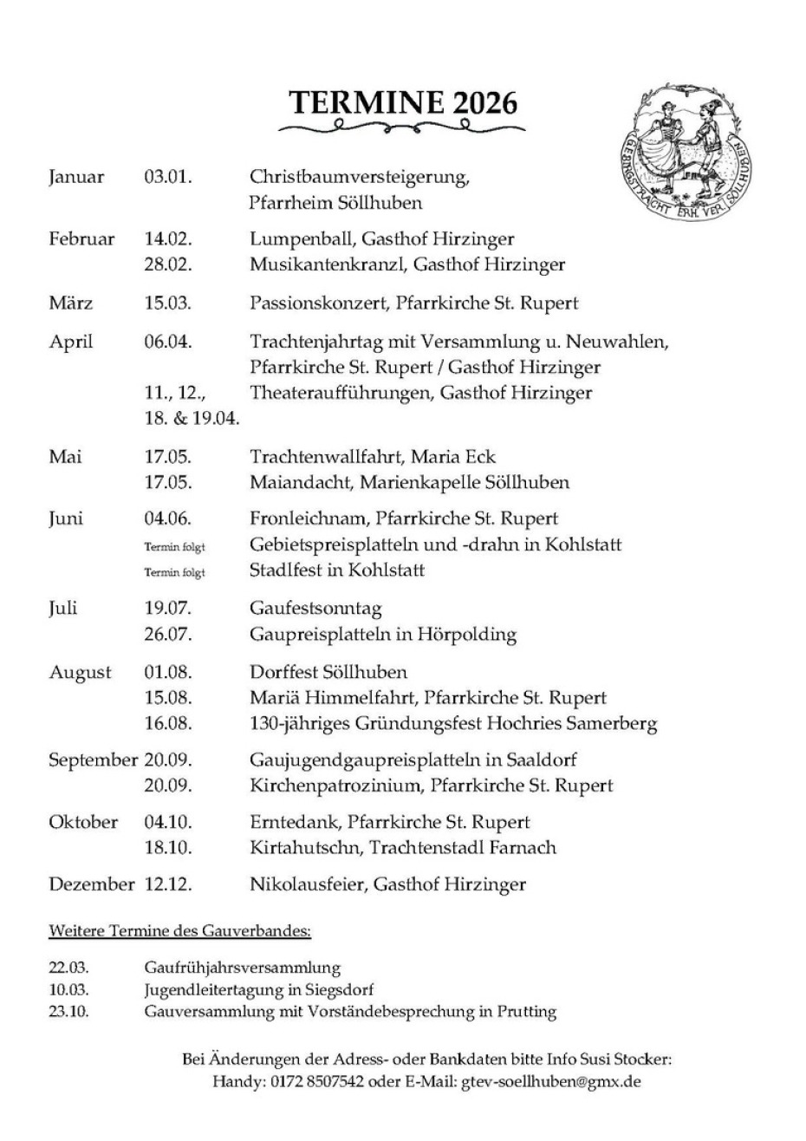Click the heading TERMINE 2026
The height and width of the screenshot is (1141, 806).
(x=404, y=103)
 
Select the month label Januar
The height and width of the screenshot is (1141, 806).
(x=76, y=178)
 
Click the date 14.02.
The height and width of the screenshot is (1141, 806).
(x=168, y=239)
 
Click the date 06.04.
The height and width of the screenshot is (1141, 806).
(x=168, y=342)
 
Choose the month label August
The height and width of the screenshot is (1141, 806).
(x=80, y=673)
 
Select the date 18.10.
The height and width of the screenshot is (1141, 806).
(x=168, y=848)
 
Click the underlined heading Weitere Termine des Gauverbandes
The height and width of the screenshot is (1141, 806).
(x=179, y=932)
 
